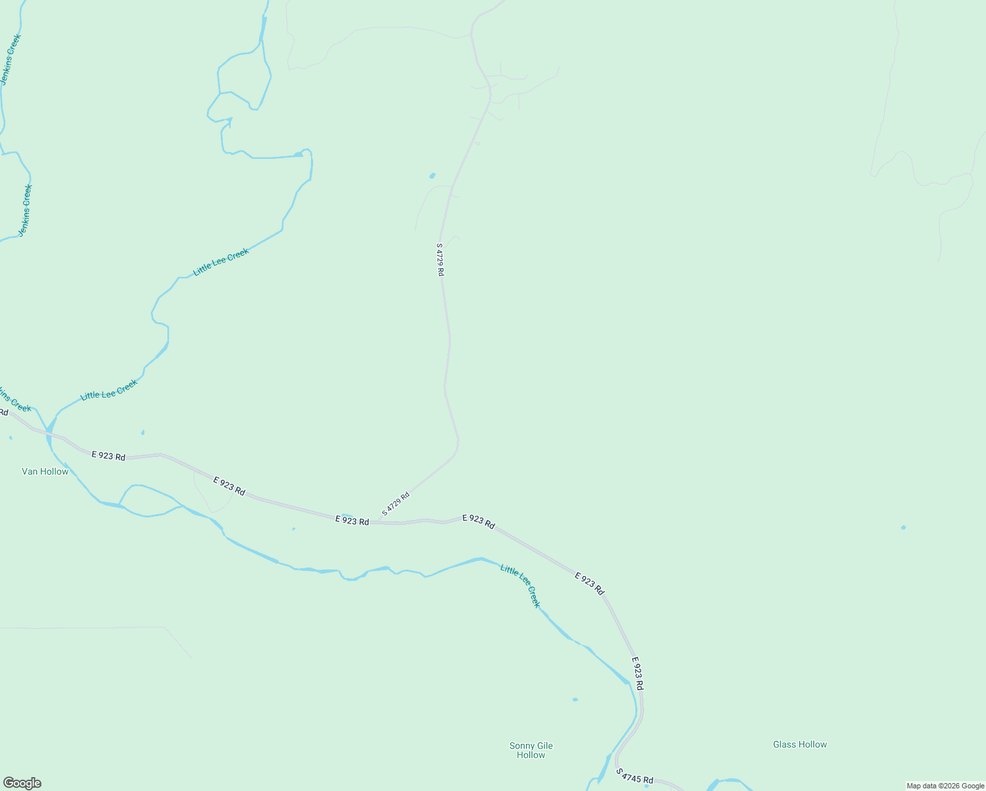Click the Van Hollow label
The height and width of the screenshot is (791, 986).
click(45, 471)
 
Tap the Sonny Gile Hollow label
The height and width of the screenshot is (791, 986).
click(531, 750)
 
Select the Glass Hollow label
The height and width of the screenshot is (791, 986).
click(799, 744)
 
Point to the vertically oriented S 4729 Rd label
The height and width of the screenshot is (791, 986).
click(440, 260)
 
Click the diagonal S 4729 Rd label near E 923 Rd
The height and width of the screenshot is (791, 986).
click(395, 504)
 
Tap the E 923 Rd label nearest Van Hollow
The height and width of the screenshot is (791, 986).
click(108, 455)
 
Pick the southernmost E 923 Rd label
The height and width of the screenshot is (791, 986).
click(637, 673)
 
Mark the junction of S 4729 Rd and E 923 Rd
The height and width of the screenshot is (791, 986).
click(378, 522)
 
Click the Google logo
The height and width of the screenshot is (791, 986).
click(22, 783)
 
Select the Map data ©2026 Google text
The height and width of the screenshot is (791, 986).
click(945, 786)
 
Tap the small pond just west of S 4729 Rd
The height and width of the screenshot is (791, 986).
click(432, 175)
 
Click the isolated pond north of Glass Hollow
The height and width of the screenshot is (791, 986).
click(903, 527)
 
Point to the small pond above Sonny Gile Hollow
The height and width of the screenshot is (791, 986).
click(575, 699)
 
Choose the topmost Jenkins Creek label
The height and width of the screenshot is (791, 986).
click(11, 59)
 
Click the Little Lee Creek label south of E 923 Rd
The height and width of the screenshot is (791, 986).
click(520, 585)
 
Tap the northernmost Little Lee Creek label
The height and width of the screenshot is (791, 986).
click(221, 262)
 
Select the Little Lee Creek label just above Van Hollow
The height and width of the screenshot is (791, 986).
click(109, 390)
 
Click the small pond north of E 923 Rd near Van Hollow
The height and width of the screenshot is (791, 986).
click(142, 432)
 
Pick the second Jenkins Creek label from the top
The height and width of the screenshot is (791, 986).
click(25, 210)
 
